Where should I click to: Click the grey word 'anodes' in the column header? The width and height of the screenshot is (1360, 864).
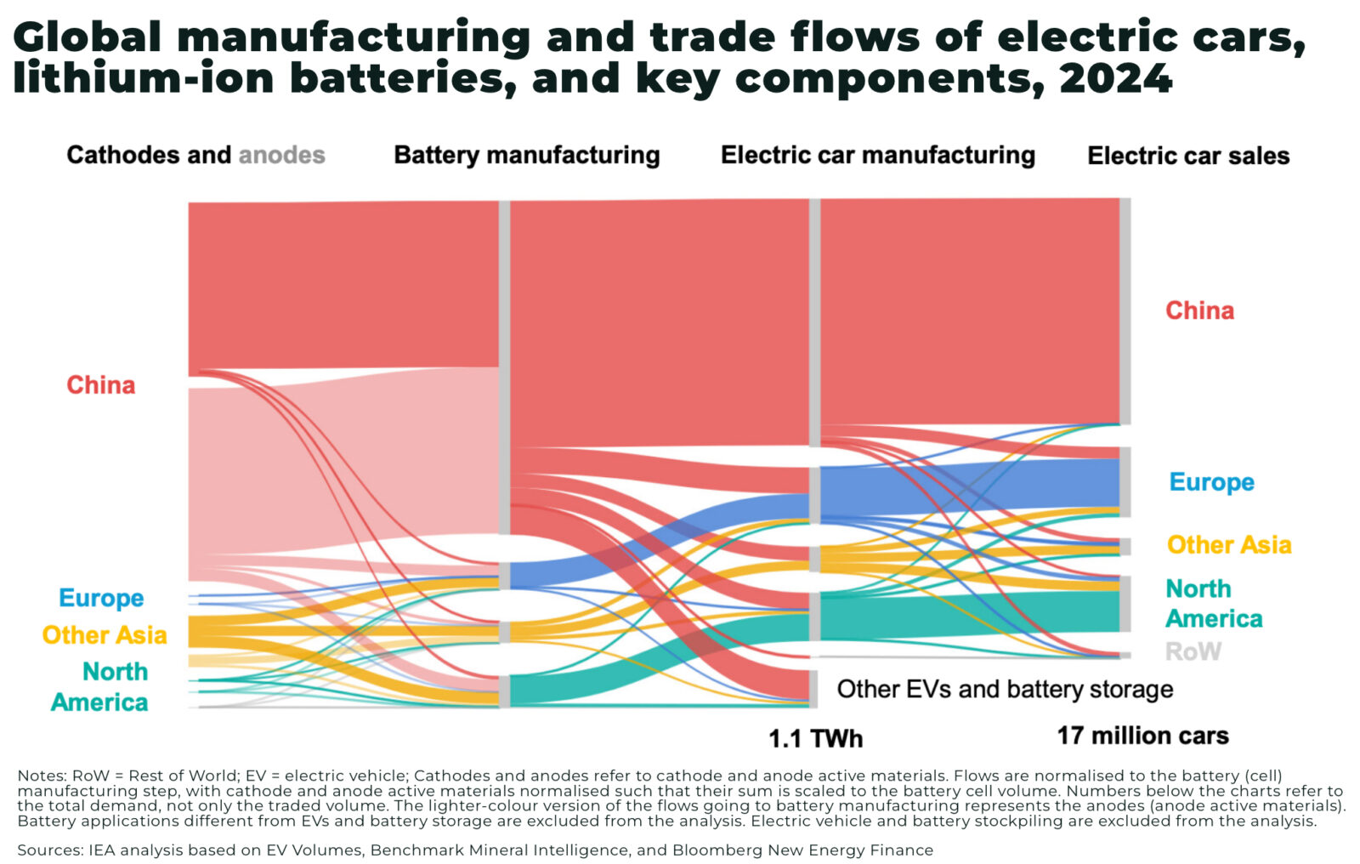[281, 155]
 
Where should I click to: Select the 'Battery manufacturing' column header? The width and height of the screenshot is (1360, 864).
[526, 155]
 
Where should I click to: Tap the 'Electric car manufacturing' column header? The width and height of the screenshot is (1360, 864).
[877, 155]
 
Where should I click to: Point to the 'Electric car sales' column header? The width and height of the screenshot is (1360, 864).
[1188, 156]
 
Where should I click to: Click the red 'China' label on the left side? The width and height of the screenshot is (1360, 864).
[100, 385]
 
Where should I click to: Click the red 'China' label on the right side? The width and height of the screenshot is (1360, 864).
[1199, 310]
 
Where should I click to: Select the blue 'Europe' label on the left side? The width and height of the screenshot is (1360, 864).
[101, 598]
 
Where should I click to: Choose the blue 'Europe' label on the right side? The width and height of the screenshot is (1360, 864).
[1211, 482]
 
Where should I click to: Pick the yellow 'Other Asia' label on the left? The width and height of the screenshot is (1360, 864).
[104, 635]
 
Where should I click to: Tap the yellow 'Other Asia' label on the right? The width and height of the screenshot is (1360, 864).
[1228, 545]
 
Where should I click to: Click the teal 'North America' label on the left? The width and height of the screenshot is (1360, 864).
[100, 687]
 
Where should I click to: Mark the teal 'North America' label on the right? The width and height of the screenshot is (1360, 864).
[1213, 604]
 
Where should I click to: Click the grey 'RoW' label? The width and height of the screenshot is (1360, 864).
[1193, 651]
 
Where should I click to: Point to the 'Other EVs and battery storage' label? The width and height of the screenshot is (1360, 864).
[1005, 689]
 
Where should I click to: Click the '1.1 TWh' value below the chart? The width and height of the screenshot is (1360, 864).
[815, 738]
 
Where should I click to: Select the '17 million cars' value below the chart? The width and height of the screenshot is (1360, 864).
[1142, 736]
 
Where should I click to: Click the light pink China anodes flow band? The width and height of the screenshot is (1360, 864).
[340, 468]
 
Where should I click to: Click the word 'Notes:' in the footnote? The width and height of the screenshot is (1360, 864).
[41, 776]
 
